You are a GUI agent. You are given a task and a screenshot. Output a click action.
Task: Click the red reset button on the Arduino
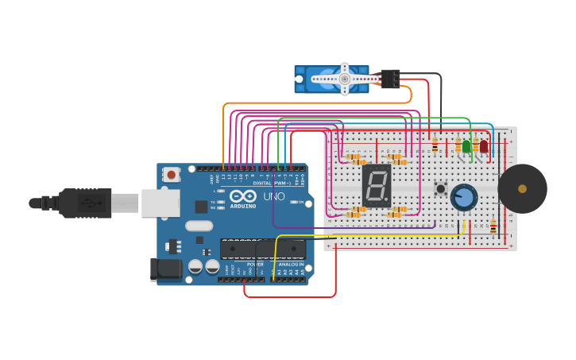tap(172, 173)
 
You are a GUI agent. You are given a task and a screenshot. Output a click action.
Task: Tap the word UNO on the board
tap(273, 196)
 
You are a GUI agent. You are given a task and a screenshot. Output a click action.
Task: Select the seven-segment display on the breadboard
tap(376, 185)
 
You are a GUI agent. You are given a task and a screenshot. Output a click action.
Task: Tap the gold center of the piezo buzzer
tap(522, 188)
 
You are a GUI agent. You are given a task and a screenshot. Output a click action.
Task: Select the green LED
tap(466, 146)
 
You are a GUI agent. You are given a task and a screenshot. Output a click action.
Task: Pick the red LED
tap(483, 146)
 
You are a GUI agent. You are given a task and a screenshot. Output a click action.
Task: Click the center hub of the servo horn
tap(345, 78)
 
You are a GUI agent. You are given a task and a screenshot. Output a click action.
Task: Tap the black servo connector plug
tap(390, 78)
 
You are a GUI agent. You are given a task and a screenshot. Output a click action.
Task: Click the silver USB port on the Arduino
tap(160, 203)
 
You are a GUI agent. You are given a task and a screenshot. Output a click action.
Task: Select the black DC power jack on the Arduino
tap(165, 269)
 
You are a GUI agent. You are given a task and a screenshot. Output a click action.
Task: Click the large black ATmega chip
tap(263, 250)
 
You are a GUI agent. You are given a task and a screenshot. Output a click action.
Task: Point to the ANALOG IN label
tap(291, 265)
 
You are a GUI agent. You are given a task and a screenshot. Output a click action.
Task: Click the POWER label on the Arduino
tap(255, 265)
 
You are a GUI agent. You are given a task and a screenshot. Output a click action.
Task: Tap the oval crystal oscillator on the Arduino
tap(199, 226)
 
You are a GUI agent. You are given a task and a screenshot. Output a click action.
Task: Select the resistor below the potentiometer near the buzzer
tap(493, 227)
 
